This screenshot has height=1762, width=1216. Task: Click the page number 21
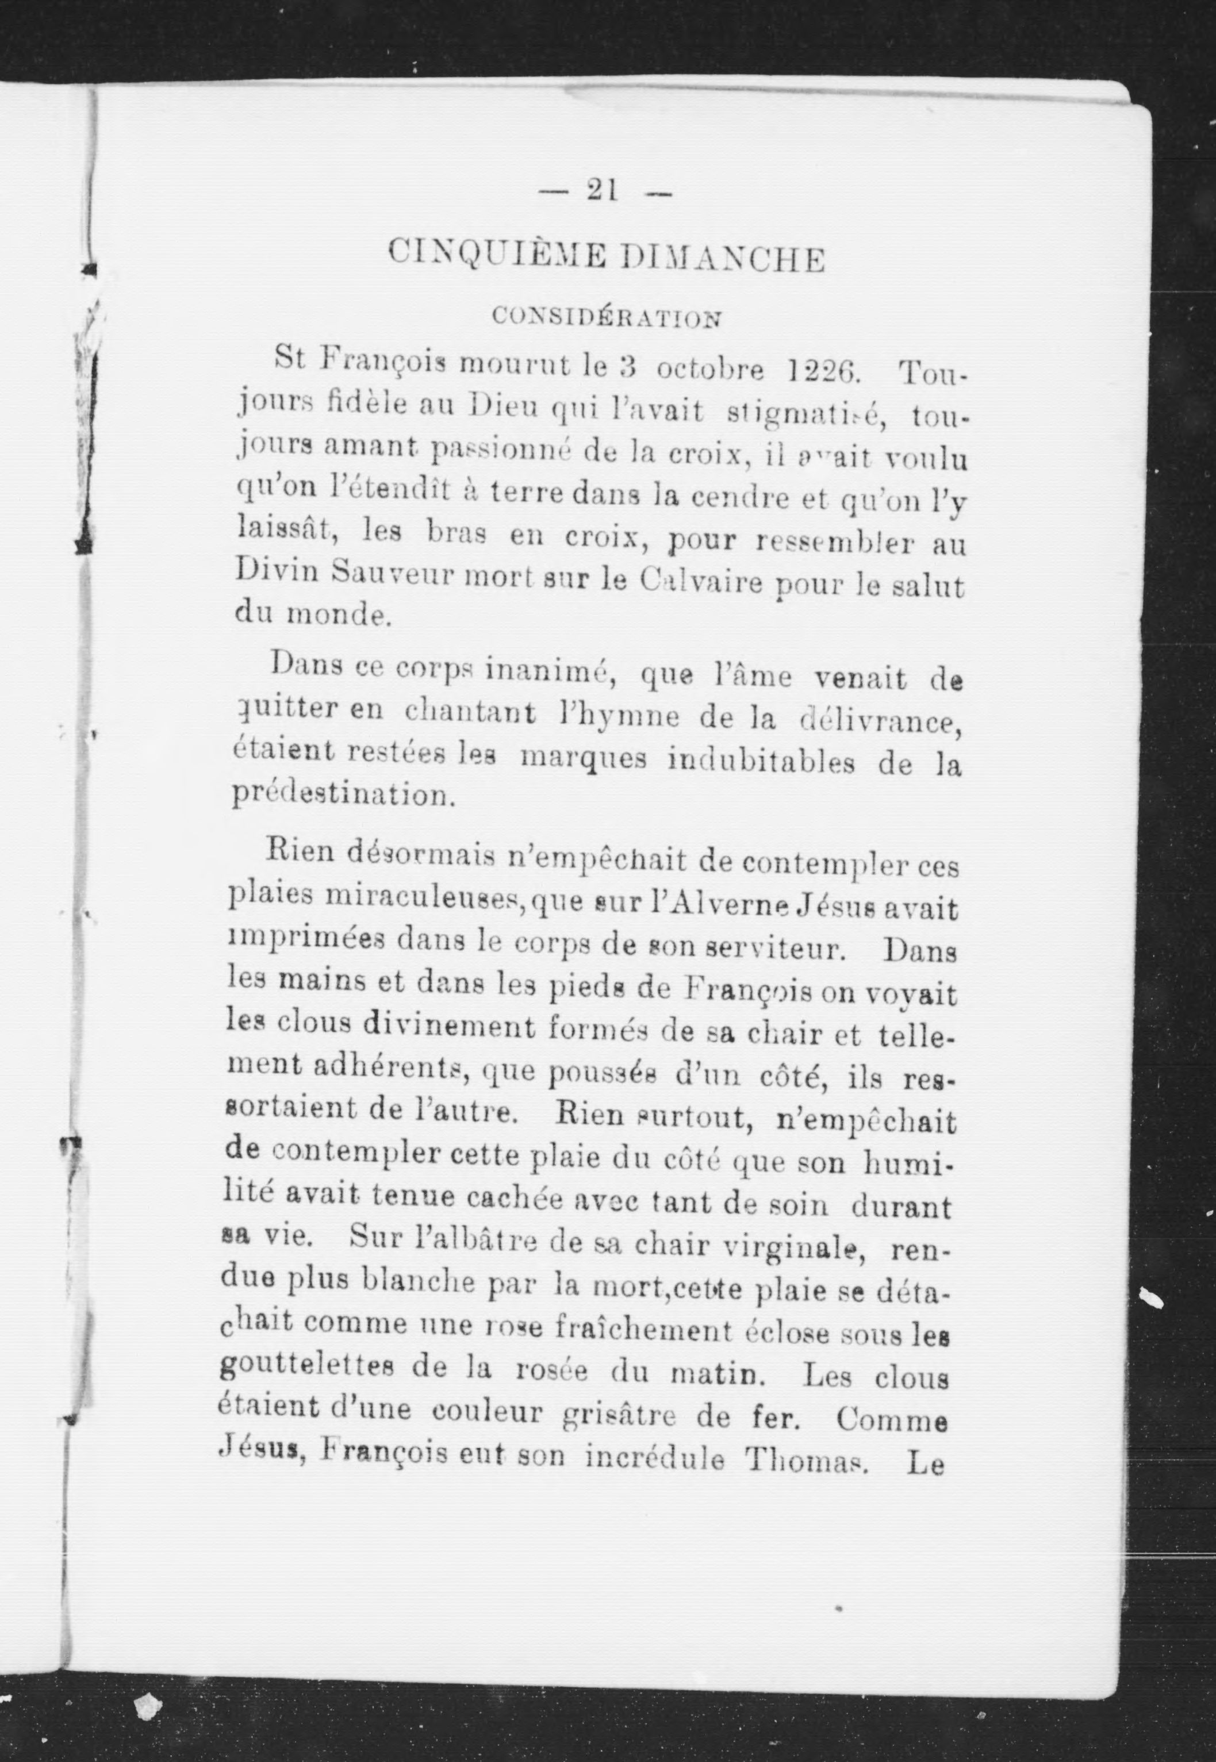click(x=601, y=190)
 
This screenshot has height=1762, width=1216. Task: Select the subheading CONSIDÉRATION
click(x=606, y=317)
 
